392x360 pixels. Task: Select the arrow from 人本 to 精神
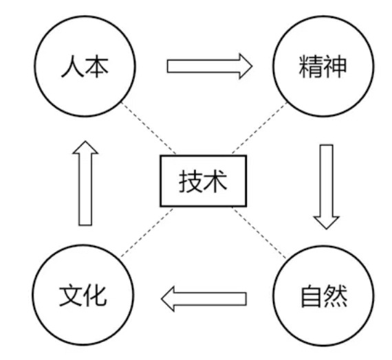(x=210, y=66)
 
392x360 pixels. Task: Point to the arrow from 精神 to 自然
(x=326, y=187)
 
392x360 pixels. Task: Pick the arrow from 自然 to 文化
(x=204, y=299)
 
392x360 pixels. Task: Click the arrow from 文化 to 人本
(x=85, y=183)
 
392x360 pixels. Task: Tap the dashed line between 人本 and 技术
(x=149, y=128)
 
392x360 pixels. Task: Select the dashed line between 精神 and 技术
(x=259, y=128)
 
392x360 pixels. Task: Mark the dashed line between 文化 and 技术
(x=147, y=232)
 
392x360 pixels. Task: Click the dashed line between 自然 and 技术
(x=259, y=233)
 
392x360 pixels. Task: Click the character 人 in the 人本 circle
(x=72, y=67)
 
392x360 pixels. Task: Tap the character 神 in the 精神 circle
(x=335, y=67)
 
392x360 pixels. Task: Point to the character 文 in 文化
(x=71, y=295)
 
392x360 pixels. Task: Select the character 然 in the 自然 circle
(x=335, y=296)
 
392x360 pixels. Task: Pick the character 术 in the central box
(x=215, y=181)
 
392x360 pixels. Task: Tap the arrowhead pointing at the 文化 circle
(x=168, y=299)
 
